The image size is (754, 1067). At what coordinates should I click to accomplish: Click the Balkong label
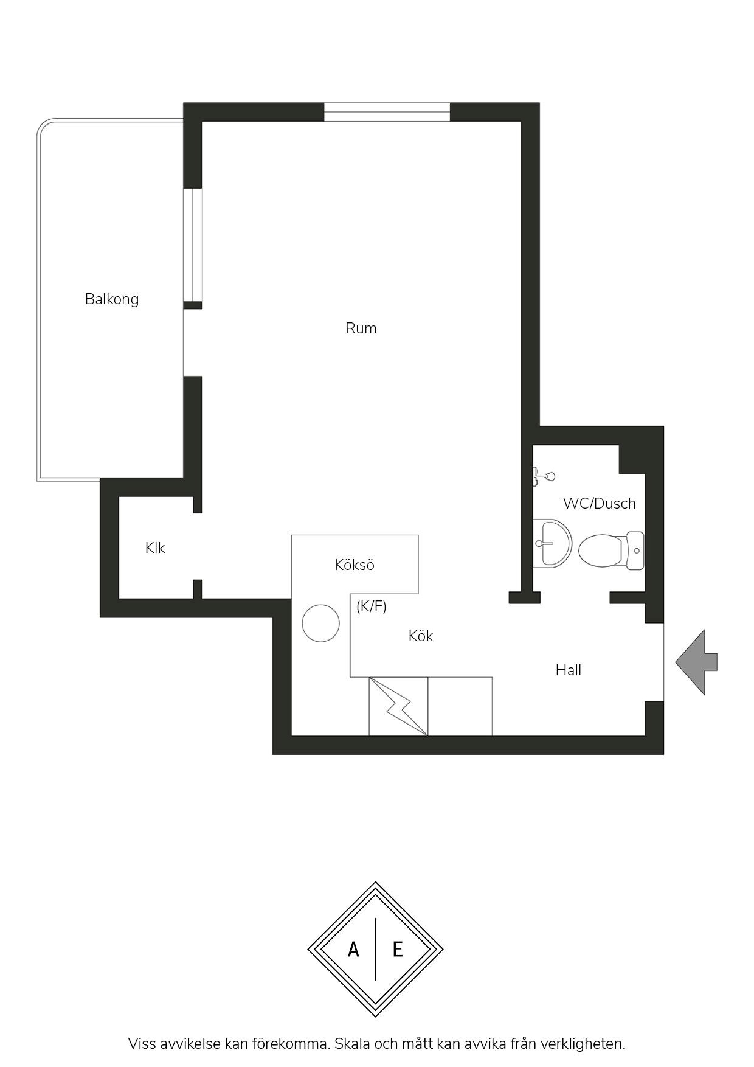(112, 299)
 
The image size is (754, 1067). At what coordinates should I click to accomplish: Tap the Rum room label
(361, 328)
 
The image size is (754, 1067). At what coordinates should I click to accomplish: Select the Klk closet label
(155, 548)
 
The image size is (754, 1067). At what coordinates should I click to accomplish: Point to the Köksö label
(355, 565)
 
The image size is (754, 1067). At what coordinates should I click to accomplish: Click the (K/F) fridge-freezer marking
(372, 606)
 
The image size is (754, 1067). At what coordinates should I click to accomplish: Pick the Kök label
(421, 636)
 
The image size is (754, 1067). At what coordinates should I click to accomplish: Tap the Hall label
(569, 670)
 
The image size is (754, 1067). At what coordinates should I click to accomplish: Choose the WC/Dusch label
(600, 504)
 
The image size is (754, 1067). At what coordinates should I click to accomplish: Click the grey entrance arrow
(697, 662)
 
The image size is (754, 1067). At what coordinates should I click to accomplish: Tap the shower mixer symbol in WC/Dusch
(543, 476)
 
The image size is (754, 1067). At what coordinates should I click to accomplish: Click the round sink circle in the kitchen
(321, 624)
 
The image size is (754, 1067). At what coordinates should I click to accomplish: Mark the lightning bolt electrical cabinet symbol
(398, 706)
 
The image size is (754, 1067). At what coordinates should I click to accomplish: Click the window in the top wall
(387, 113)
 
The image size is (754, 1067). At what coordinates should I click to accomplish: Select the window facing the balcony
(193, 245)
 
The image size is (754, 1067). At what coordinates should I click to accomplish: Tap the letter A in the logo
(353, 949)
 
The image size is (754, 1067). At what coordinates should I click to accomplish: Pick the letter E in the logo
(398, 949)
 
